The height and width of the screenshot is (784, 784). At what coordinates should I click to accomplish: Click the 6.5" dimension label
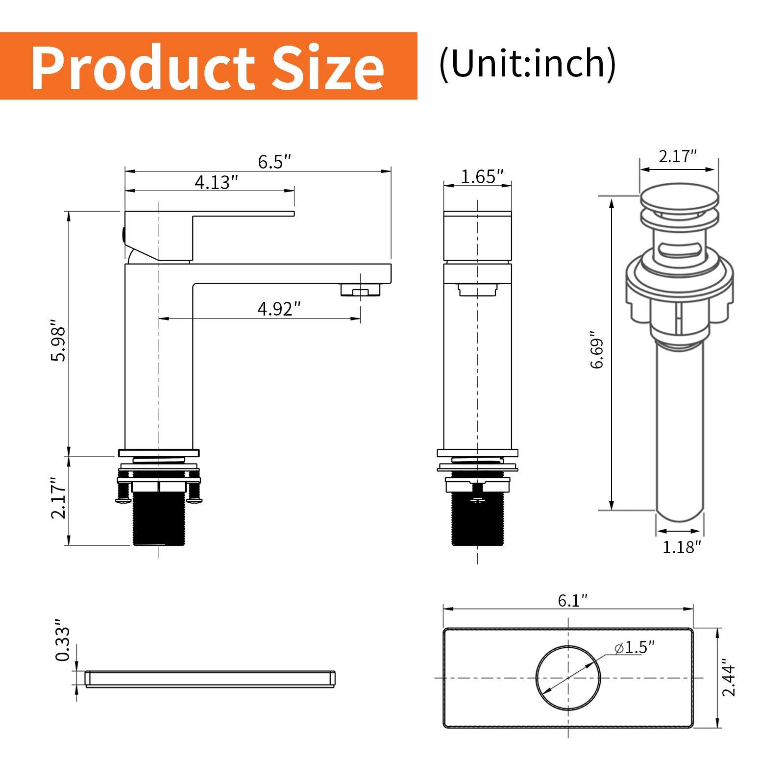tap(274, 162)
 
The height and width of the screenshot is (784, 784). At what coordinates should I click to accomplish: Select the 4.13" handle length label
tap(216, 182)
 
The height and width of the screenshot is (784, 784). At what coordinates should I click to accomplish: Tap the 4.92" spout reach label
tap(279, 309)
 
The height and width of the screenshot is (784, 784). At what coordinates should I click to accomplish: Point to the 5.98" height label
tap(58, 342)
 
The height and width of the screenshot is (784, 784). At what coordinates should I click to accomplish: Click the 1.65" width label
tap(482, 176)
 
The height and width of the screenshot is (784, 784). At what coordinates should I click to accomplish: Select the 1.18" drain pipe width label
tap(682, 547)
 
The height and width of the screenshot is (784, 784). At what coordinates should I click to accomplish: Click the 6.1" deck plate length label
tap(572, 600)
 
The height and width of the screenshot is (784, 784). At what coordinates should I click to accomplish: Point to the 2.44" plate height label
tap(729, 677)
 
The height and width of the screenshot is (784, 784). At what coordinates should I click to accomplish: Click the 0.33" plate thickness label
tap(63, 642)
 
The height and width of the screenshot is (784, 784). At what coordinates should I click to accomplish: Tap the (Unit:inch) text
tap(527, 64)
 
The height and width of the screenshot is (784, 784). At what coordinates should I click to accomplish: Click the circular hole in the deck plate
tap(568, 677)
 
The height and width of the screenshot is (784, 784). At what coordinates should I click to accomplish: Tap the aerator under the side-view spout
tap(361, 291)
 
